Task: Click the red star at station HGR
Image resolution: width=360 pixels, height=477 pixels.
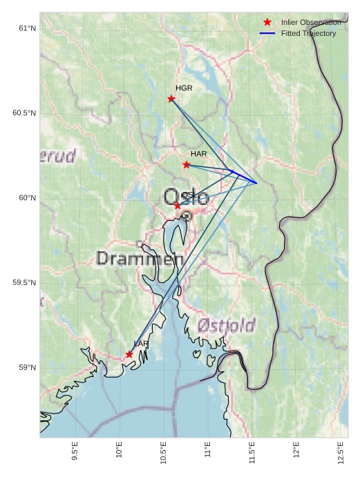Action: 171,99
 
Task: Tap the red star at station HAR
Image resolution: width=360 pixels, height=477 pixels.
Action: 187,164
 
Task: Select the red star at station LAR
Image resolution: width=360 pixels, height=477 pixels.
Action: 129,354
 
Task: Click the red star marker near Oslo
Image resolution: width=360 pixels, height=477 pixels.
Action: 178,206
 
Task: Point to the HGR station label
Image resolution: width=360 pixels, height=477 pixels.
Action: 184,88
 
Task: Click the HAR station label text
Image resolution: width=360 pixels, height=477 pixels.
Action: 199,153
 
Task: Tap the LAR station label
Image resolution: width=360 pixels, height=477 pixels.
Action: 141,344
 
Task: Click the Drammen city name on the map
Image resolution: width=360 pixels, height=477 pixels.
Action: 140,259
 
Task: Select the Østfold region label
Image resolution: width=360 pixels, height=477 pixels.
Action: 226,325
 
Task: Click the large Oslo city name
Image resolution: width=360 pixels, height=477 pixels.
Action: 186,197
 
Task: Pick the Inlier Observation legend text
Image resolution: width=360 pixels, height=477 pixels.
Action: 311,23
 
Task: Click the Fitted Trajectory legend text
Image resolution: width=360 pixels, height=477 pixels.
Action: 308,33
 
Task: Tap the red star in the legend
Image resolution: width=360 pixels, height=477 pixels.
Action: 267,23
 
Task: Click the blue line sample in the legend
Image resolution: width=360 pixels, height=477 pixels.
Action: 267,33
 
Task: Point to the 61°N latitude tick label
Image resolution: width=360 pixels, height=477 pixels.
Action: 27,28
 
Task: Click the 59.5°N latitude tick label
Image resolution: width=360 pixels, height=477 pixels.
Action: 24,283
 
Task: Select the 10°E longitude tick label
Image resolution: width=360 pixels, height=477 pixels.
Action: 120,449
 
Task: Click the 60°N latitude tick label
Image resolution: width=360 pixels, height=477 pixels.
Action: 27,198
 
